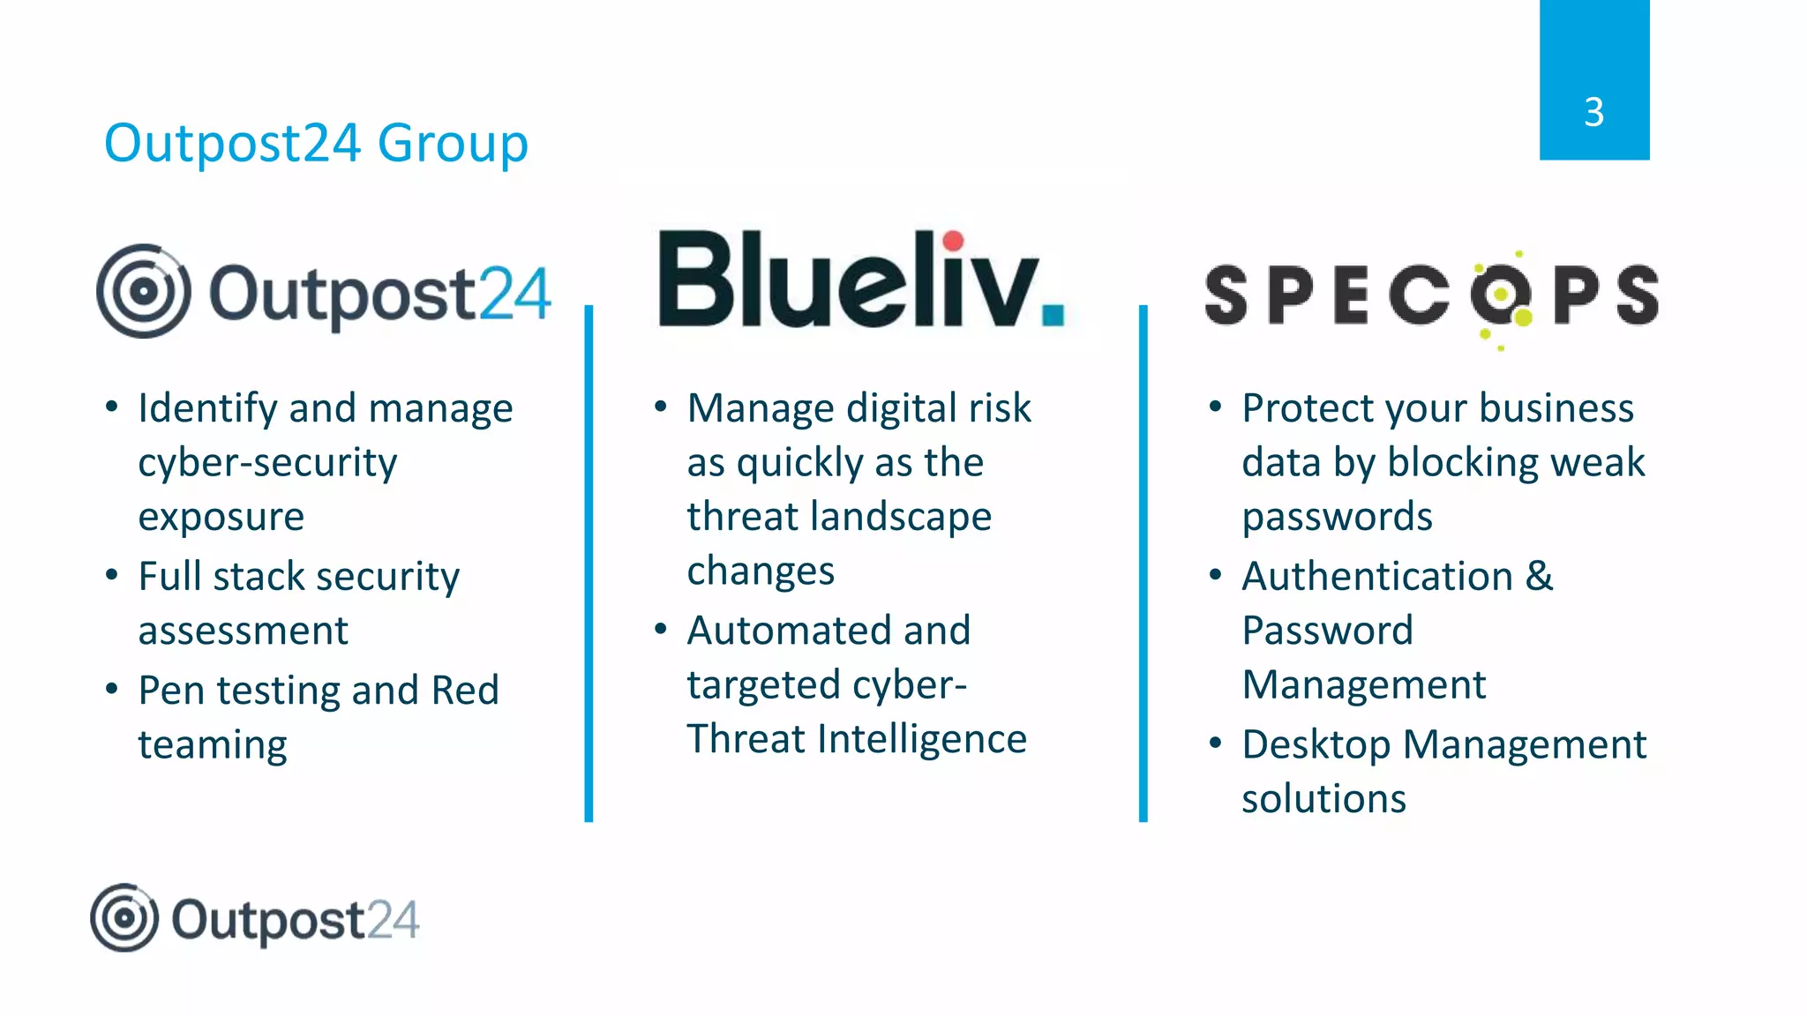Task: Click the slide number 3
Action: (1593, 113)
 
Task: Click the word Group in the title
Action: (453, 144)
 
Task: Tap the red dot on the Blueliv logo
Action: (953, 241)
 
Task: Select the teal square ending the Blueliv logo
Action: (1053, 315)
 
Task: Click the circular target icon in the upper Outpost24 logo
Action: (143, 291)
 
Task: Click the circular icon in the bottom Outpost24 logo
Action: (124, 918)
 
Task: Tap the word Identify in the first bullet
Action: (207, 409)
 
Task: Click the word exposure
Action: (221, 517)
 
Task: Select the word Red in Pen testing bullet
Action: (465, 691)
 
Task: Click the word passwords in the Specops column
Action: (1337, 517)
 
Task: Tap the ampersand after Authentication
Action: (1539, 577)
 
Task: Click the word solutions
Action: (1323, 799)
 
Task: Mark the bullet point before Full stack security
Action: (111, 575)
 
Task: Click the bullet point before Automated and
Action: (661, 629)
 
